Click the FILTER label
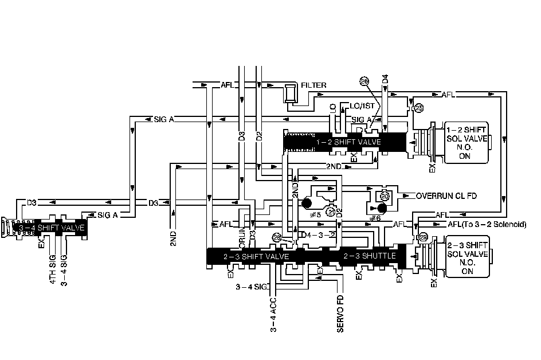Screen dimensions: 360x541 click(x=313, y=85)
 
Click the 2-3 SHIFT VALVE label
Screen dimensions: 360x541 click(x=257, y=256)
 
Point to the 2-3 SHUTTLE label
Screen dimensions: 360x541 click(x=370, y=256)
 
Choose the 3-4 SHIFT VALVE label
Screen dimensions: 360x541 click(x=52, y=228)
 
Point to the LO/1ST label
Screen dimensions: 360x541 click(x=362, y=106)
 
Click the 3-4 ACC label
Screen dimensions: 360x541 click(x=274, y=315)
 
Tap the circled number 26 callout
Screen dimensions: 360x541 click(x=364, y=81)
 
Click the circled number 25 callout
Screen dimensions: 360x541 click(x=418, y=107)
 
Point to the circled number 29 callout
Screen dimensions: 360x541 click(x=424, y=237)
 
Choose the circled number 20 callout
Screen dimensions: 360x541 click(x=385, y=195)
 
